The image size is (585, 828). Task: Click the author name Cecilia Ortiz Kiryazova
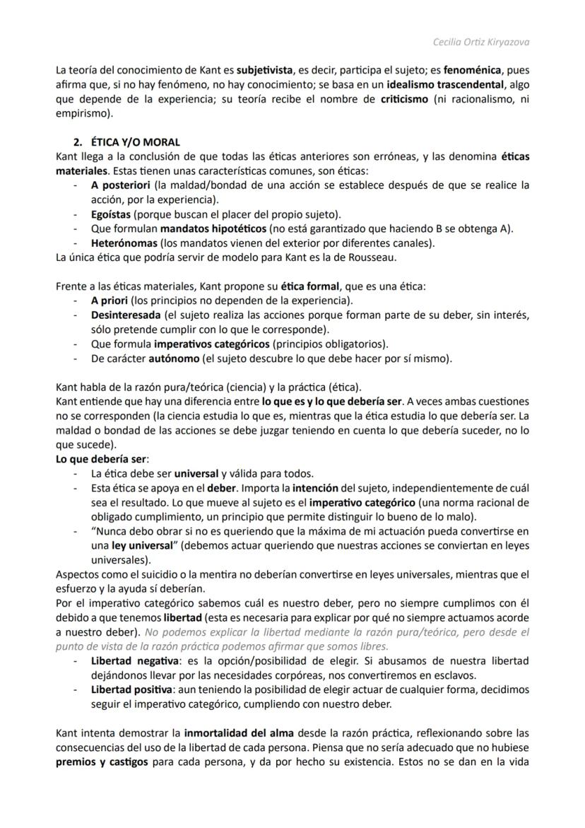[x=480, y=42]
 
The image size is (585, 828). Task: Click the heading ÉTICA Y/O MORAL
[x=135, y=142]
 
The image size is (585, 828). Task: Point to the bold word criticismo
[x=404, y=99]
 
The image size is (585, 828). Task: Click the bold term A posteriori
[x=115, y=185]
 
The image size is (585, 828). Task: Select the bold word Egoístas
[x=111, y=214]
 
